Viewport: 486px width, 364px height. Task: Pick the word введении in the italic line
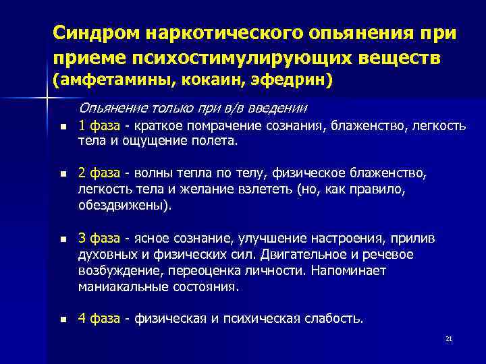(277, 108)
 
